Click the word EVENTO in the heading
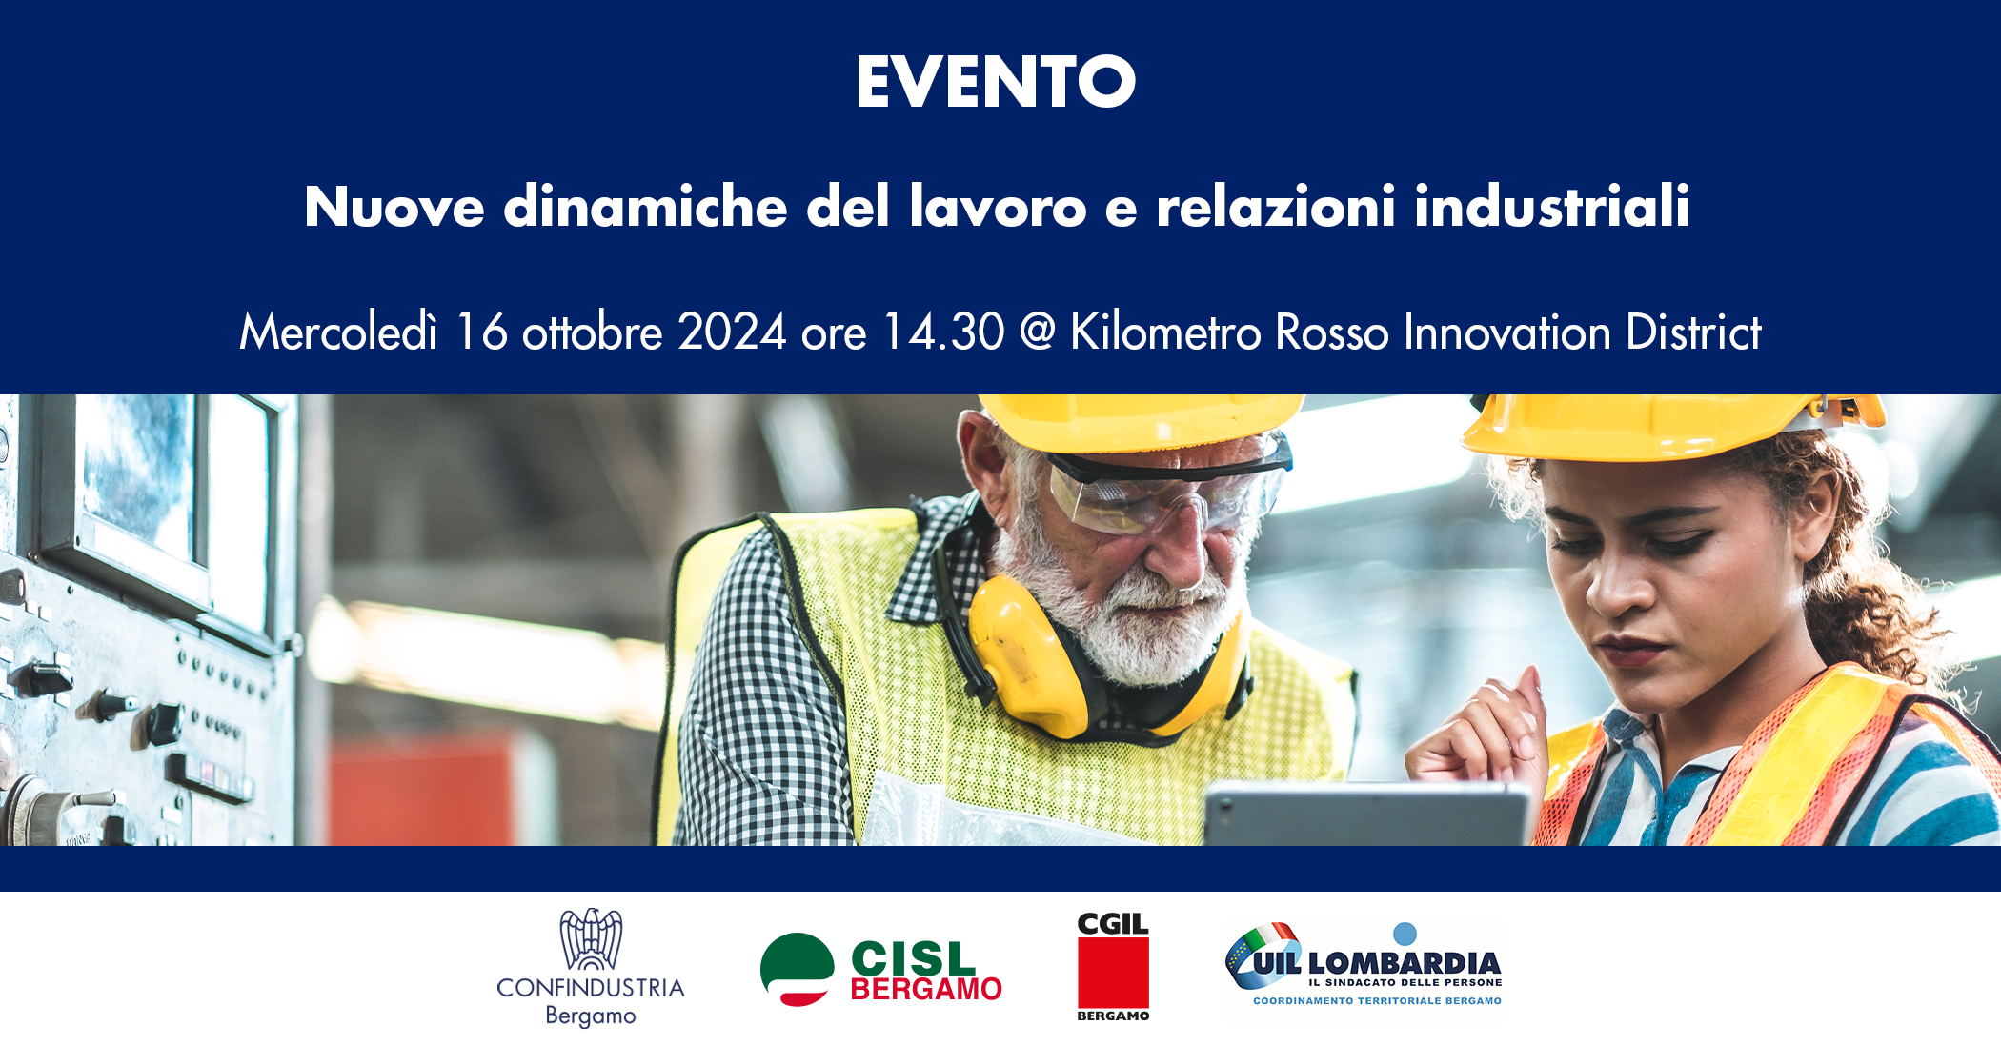coord(996,82)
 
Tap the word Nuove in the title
coord(394,207)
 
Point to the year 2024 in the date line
coord(732,332)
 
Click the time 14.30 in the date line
coord(943,332)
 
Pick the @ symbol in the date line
coord(1037,332)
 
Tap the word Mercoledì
coord(338,332)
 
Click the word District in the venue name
coord(1693,332)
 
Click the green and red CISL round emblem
coord(798,969)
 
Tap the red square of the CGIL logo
coord(1113,973)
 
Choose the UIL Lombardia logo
coord(1364,965)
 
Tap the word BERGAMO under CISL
coord(925,990)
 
